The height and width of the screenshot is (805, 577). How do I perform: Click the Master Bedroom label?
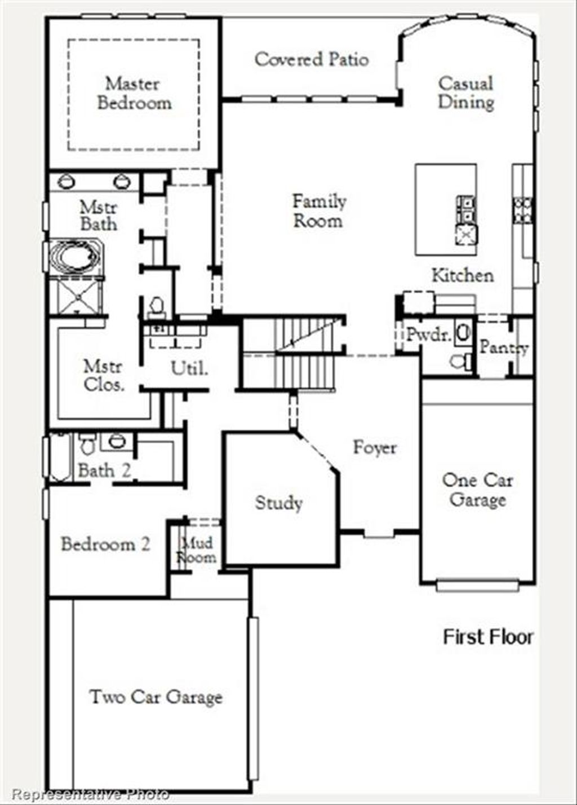tap(134, 94)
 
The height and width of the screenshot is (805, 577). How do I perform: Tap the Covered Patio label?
tap(312, 59)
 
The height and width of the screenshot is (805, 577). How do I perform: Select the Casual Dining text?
tap(466, 93)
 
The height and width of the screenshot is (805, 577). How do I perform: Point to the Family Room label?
tap(319, 211)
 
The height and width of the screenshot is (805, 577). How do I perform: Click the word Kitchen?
tap(463, 275)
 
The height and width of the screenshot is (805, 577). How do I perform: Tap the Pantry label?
tap(504, 347)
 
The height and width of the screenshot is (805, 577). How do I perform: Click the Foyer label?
tap(375, 447)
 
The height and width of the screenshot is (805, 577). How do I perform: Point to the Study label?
tap(279, 503)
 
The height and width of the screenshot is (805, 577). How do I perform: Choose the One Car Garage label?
tap(477, 490)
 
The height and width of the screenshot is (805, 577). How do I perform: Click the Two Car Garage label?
tap(156, 697)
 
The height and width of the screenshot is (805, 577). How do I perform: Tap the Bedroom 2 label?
tap(105, 544)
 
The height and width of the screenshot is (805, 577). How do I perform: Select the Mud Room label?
tap(197, 550)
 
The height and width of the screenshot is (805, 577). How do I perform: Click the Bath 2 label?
tap(104, 470)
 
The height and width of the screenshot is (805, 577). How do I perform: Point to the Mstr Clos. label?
tap(103, 376)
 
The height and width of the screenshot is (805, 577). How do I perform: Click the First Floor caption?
tap(488, 637)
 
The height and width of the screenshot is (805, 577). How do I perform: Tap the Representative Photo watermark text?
tap(90, 795)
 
